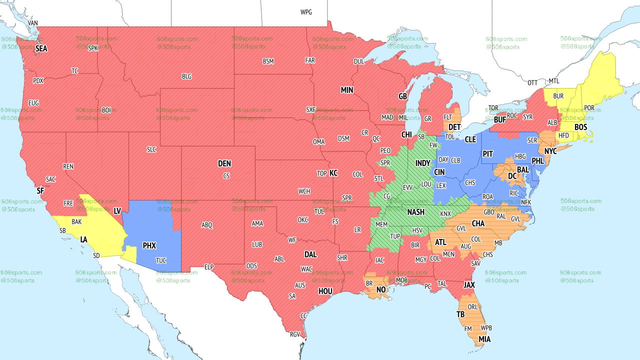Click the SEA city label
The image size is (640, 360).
tap(41, 49)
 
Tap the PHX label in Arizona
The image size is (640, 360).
tap(149, 246)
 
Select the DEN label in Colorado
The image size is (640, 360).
tap(224, 163)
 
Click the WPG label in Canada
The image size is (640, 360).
tap(306, 12)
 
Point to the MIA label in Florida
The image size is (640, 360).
tap(484, 339)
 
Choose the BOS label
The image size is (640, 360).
tap(580, 127)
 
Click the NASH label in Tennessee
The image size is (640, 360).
tap(415, 212)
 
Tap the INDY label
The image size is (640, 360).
tap(422, 163)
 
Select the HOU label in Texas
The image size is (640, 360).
tap(325, 291)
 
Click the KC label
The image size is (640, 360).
tap(333, 173)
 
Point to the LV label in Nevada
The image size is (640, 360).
tap(117, 211)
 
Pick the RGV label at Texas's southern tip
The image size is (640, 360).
tap(295, 334)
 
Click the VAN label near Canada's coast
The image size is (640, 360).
tap(33, 23)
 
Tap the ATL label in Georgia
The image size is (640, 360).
tap(440, 242)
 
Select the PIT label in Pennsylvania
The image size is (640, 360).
tap(488, 154)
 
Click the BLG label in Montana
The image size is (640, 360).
tap(186, 76)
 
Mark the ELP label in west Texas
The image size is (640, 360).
tap(209, 267)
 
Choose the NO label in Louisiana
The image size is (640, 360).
tap(381, 289)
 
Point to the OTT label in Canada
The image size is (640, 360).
tap(532, 82)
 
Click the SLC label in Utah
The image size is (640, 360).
tap(151, 149)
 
